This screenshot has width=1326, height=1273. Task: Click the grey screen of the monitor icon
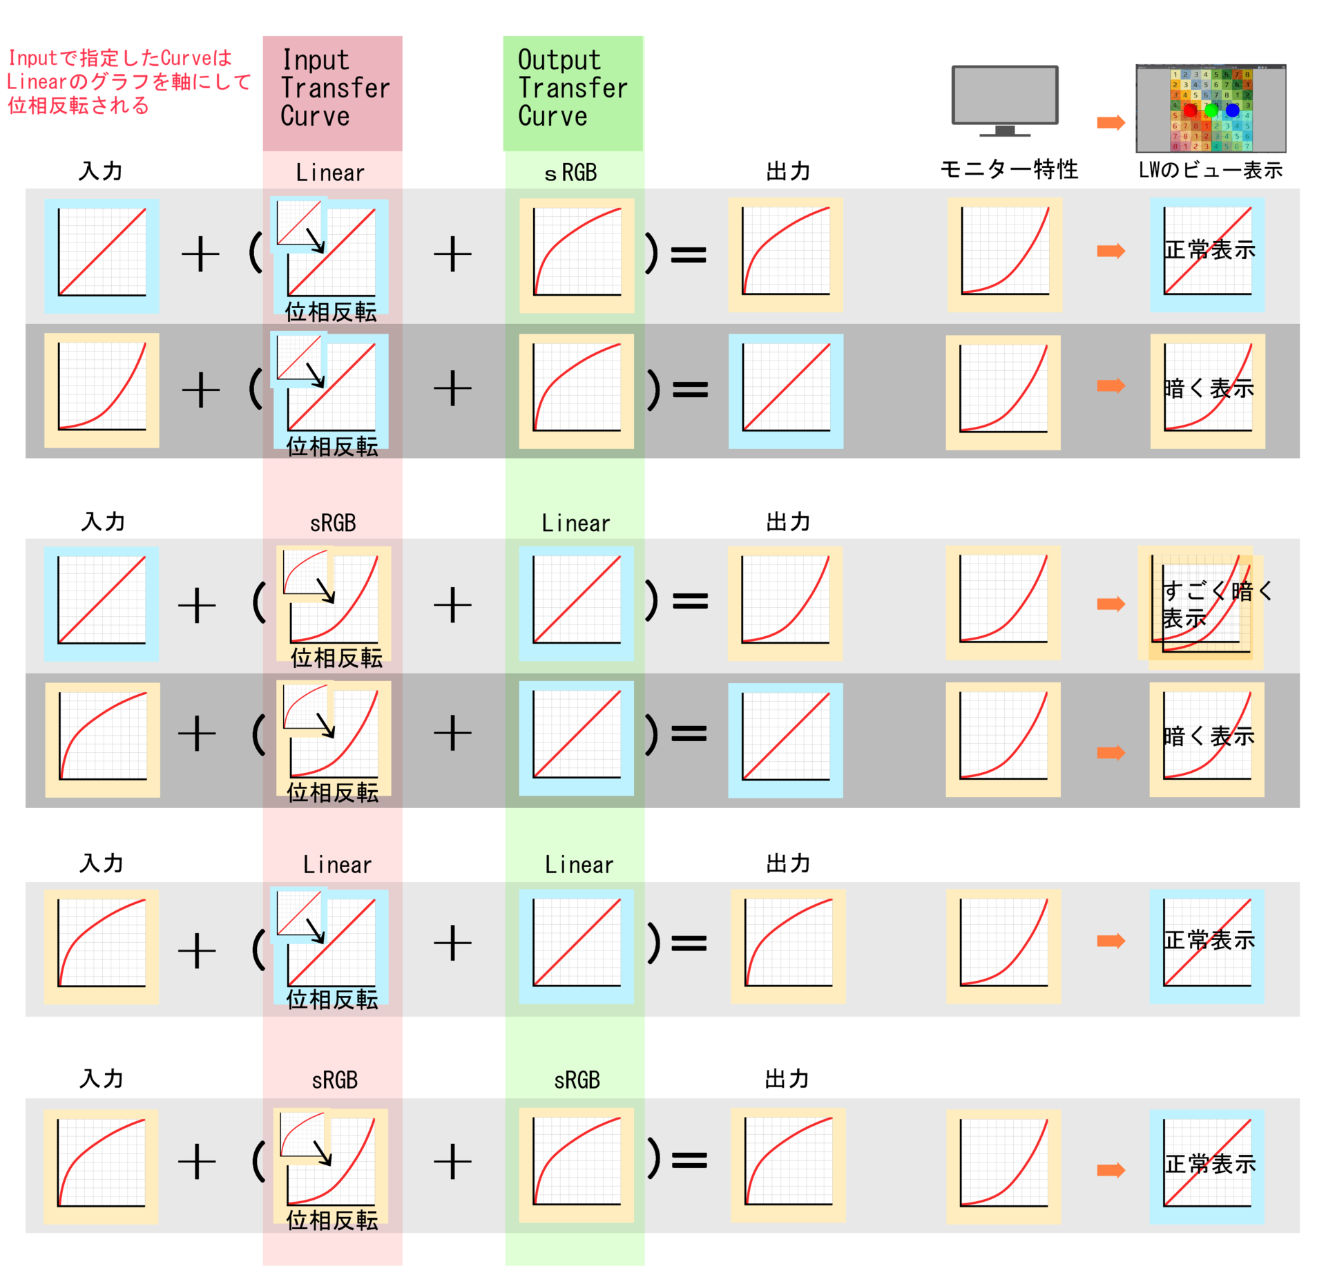pyautogui.click(x=1004, y=95)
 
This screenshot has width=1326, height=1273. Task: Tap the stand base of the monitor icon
pyautogui.click(x=1004, y=133)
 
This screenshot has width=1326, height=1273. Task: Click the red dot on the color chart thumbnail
pyautogui.click(x=1189, y=111)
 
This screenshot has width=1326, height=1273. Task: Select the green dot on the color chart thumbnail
pyautogui.click(x=1211, y=111)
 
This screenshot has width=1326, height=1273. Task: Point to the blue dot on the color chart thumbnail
pyautogui.click(x=1232, y=110)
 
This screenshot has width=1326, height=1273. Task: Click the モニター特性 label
pyautogui.click(x=1008, y=169)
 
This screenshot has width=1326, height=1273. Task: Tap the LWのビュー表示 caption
pyautogui.click(x=1210, y=170)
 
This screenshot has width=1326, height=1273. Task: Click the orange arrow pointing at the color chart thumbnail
pyautogui.click(x=1111, y=123)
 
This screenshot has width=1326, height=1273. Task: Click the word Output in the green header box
pyautogui.click(x=559, y=60)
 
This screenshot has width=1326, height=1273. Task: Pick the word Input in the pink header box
pyautogui.click(x=316, y=60)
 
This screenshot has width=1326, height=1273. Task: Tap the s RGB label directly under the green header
pyautogui.click(x=570, y=173)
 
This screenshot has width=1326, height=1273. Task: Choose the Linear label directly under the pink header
pyautogui.click(x=330, y=173)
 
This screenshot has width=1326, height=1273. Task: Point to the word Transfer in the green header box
pyautogui.click(x=573, y=88)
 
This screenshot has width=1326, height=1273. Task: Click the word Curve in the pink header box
pyautogui.click(x=315, y=116)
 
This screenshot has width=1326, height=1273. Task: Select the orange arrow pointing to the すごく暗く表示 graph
pyautogui.click(x=1111, y=604)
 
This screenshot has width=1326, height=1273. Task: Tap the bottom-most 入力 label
pyautogui.click(x=102, y=1079)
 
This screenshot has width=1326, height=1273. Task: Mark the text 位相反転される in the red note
pyautogui.click(x=79, y=106)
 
